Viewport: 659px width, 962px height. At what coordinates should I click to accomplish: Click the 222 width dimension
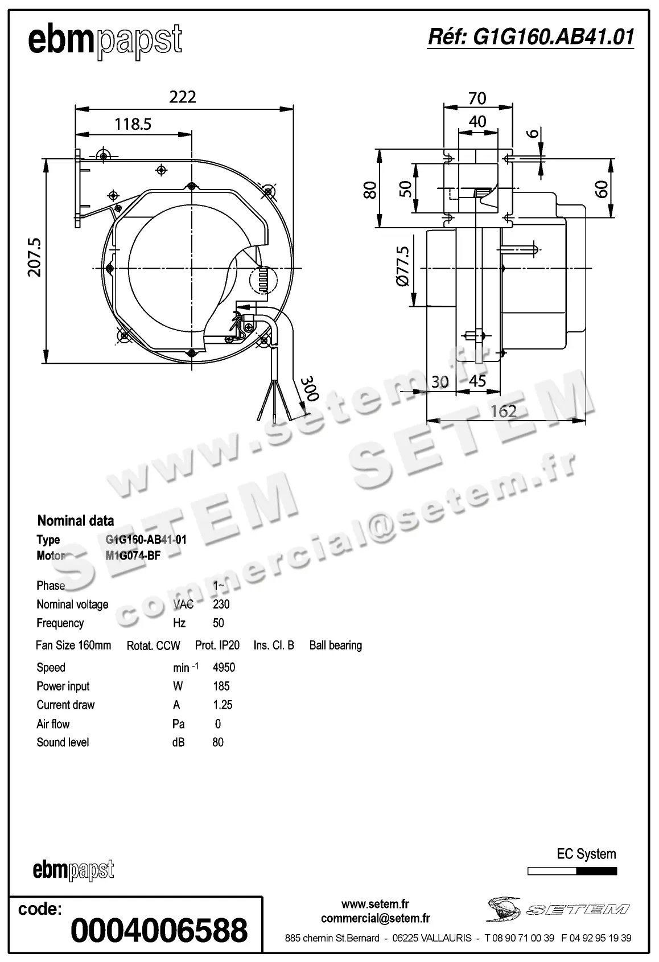183,97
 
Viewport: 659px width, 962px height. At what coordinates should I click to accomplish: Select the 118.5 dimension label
133,124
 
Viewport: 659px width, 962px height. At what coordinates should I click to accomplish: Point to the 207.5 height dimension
35,257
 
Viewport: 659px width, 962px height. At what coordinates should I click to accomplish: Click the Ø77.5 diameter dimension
403,266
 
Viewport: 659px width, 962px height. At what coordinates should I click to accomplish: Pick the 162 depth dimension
503,411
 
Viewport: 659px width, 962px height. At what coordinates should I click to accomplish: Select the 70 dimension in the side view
477,98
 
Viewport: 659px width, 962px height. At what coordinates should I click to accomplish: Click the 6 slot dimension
533,133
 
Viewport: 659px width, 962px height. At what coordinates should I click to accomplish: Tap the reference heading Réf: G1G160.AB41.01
530,37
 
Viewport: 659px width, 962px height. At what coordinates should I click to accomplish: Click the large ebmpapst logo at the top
105,41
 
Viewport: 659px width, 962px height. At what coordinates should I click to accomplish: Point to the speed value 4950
224,667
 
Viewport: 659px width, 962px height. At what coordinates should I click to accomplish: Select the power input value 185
221,686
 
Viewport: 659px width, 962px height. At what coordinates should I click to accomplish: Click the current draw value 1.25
223,705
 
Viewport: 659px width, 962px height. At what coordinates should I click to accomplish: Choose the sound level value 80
218,742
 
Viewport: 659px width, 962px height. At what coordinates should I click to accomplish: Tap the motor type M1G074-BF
133,556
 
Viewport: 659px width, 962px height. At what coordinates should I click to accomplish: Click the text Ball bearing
335,646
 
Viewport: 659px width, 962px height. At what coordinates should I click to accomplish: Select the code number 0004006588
159,930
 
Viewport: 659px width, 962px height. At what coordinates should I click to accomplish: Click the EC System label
586,854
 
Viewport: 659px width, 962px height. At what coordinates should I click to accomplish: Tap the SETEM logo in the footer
558,909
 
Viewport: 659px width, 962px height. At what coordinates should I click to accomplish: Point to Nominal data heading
75,520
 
